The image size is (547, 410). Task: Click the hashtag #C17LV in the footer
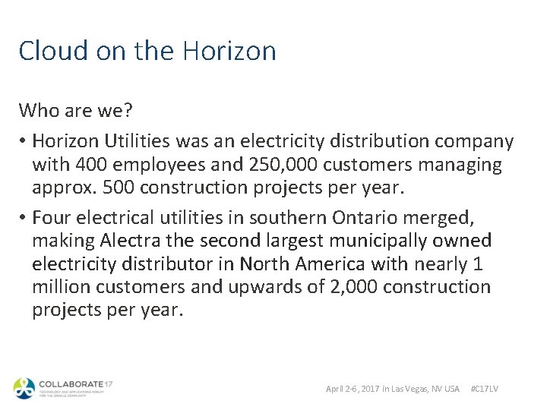tap(485, 389)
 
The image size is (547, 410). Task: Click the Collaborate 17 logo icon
tap(24, 387)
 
